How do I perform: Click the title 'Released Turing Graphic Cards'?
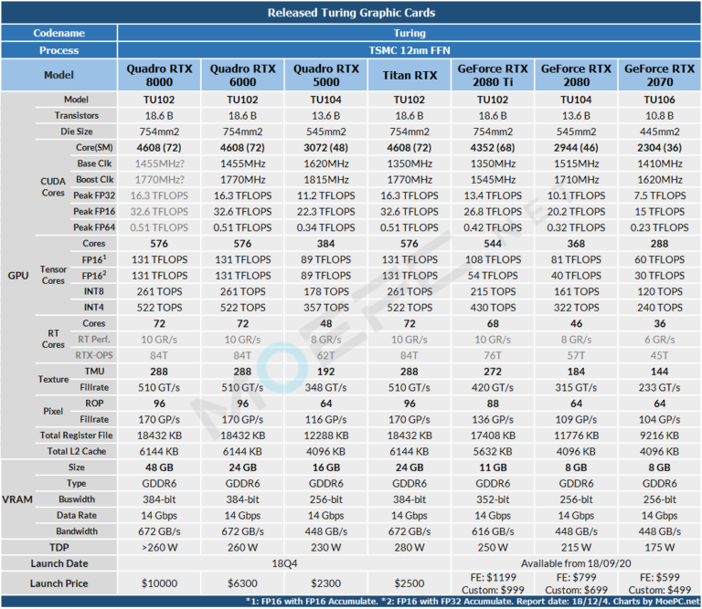pos(351,13)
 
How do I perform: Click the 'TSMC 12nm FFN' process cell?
pos(409,50)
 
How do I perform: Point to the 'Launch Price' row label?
pos(59,583)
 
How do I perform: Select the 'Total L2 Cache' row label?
pos(76,450)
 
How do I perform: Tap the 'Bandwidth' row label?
pos(76,530)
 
